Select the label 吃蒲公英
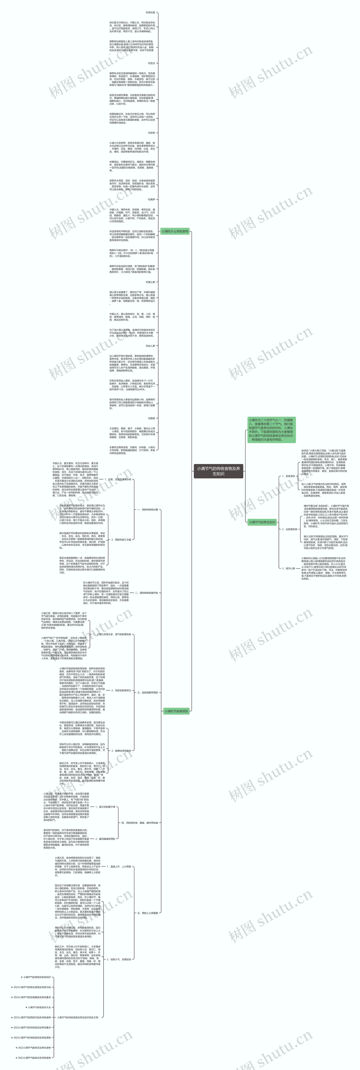coord(150,282)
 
